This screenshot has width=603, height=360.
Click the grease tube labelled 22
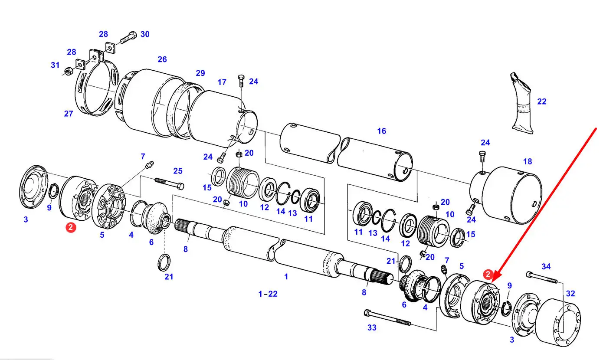[521, 103]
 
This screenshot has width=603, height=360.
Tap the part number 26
[162, 59]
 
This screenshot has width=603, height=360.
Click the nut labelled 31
[67, 72]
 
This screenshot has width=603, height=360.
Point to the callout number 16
[381, 131]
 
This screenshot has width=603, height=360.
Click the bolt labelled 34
[542, 278]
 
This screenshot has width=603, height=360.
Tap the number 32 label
[570, 293]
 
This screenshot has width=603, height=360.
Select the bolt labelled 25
[169, 183]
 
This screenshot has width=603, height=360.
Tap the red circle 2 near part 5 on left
[71, 227]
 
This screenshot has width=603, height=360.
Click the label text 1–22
[268, 294]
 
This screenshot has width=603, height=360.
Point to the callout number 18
[528, 161]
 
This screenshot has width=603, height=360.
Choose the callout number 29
[200, 73]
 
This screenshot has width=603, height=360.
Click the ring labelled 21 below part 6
[164, 262]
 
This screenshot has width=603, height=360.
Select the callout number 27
[69, 114]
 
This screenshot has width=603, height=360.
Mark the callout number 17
[222, 82]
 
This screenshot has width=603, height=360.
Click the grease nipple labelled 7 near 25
[149, 164]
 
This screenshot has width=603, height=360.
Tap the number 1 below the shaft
[286, 277]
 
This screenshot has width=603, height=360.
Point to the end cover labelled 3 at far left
[33, 187]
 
